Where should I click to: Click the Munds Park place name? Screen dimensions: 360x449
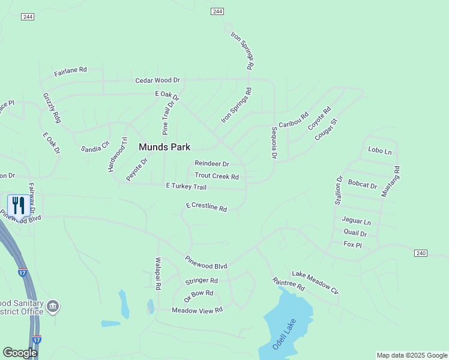[164, 147]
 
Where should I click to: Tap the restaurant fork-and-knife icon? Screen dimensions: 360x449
[18, 206]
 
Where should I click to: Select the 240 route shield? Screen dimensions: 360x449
[420, 254]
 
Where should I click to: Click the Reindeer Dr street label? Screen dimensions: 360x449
[212, 164]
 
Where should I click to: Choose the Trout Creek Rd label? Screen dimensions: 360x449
[217, 177]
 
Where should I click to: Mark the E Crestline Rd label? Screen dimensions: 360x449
[206, 207]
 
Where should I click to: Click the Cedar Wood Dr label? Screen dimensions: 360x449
[158, 80]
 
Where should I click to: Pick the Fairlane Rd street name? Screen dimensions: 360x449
[70, 71]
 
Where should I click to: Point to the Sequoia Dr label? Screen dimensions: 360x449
[274, 143]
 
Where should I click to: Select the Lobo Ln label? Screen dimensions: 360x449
[379, 151]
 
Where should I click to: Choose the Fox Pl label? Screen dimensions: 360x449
[352, 245]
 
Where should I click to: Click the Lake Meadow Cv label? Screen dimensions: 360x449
[315, 283]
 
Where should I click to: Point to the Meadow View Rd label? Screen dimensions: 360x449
[197, 310]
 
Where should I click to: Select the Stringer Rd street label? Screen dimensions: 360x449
[201, 281]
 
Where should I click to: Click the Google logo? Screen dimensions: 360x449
[20, 353]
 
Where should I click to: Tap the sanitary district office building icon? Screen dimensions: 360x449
[53, 307]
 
